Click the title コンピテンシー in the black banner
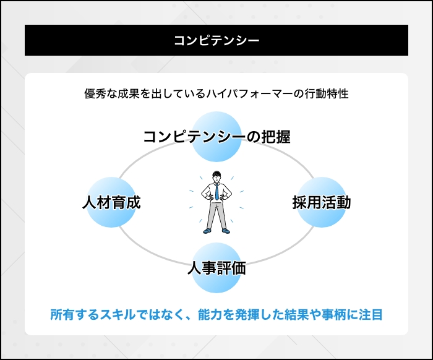coord(216,41)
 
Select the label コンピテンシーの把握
coord(216,137)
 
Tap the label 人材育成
coord(111,202)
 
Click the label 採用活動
coord(322,202)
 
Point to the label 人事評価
coord(216,268)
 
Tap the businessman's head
coord(216,176)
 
